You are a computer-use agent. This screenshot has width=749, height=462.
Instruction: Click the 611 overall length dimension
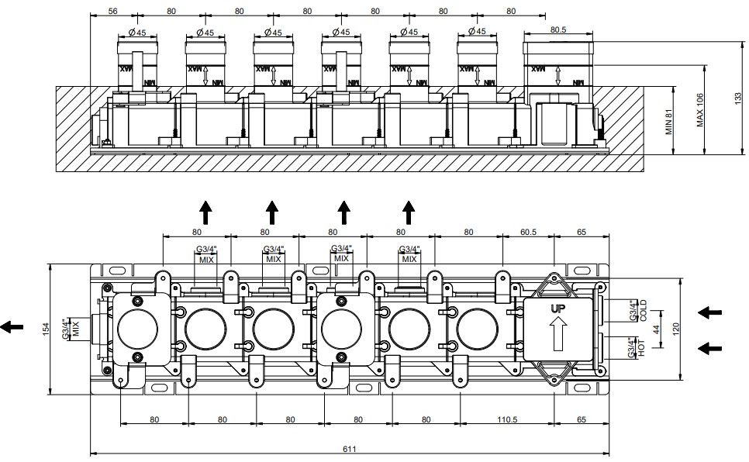(x=349, y=449)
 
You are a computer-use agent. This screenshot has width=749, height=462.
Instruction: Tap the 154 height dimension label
(x=46, y=329)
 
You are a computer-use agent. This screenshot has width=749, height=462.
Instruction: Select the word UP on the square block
(x=558, y=309)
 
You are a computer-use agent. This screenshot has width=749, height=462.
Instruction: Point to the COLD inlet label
(x=643, y=311)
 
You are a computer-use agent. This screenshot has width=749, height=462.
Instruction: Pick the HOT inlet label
(x=641, y=347)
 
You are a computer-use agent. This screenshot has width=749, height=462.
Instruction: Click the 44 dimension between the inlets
(x=656, y=329)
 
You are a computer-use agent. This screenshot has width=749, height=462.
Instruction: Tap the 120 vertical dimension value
(x=676, y=329)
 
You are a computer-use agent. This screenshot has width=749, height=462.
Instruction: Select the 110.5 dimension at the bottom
(x=507, y=419)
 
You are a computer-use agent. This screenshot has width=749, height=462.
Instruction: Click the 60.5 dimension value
(x=528, y=233)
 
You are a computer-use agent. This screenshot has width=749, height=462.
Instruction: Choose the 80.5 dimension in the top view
(x=558, y=29)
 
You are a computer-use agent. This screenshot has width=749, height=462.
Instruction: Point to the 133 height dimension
(x=738, y=98)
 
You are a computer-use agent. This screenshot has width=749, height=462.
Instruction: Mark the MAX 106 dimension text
(x=700, y=110)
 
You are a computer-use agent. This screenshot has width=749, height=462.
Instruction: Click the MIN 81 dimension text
(x=668, y=122)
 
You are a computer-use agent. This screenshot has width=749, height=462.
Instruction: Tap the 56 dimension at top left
(x=112, y=11)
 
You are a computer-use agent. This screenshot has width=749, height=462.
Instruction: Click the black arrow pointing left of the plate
(x=12, y=327)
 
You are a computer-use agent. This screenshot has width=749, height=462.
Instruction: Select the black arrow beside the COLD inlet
(x=709, y=313)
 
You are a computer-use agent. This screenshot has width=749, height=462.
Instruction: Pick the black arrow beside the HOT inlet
(x=709, y=348)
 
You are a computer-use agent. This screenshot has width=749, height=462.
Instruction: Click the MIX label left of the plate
(x=75, y=329)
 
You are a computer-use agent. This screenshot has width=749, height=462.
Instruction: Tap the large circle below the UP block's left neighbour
(x=477, y=329)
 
